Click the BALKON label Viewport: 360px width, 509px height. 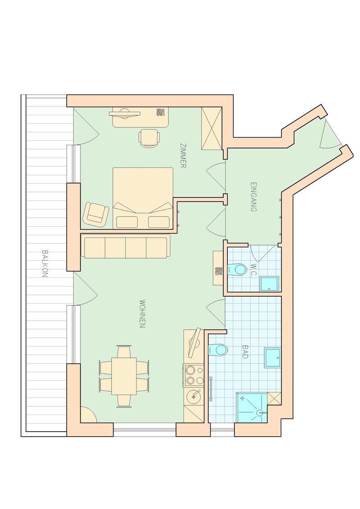pyautogui.click(x=45, y=263)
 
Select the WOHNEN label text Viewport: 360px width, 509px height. pyautogui.click(x=142, y=313)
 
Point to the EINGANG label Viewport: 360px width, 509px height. pyautogui.click(x=254, y=196)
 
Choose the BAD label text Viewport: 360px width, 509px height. pyautogui.click(x=245, y=352)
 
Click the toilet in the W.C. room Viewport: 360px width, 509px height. pyautogui.click(x=237, y=269)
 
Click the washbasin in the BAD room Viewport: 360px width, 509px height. pyautogui.click(x=272, y=357)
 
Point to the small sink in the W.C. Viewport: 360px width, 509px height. pyautogui.click(x=269, y=283)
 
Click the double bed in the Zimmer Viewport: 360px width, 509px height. pyautogui.click(x=143, y=198)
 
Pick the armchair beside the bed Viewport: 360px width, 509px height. pyautogui.click(x=96, y=214)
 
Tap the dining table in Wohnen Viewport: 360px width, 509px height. pyautogui.click(x=124, y=376)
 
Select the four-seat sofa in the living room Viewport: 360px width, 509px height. pyautogui.click(x=126, y=247)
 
